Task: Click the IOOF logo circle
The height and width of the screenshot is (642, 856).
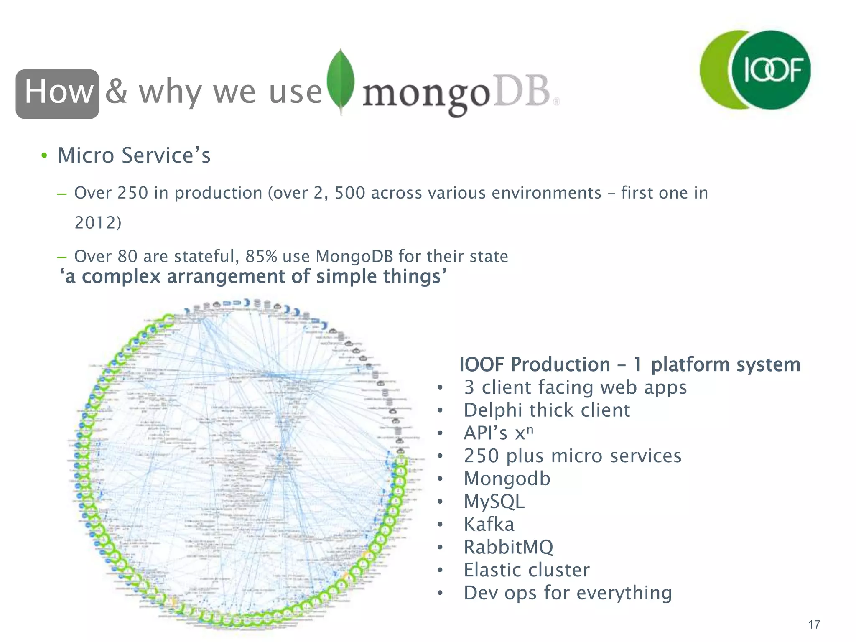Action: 772,70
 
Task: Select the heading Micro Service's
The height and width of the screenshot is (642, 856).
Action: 134,155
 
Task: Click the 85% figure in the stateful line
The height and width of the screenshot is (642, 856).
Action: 261,256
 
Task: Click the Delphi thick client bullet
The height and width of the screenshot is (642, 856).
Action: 546,410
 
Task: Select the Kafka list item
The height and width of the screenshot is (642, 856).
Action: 489,524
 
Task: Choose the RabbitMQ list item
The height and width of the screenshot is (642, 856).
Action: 508,547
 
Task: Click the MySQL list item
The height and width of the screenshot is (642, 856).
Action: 494,502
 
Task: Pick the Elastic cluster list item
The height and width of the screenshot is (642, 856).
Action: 527,570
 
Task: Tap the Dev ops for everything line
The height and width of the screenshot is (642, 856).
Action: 568,593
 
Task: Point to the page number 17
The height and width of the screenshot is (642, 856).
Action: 814,624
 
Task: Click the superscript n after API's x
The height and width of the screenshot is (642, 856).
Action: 530,429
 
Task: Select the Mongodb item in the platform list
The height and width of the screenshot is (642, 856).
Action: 507,479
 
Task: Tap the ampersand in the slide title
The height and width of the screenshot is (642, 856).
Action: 116,92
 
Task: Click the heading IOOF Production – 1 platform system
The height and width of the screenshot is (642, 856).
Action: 629,364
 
